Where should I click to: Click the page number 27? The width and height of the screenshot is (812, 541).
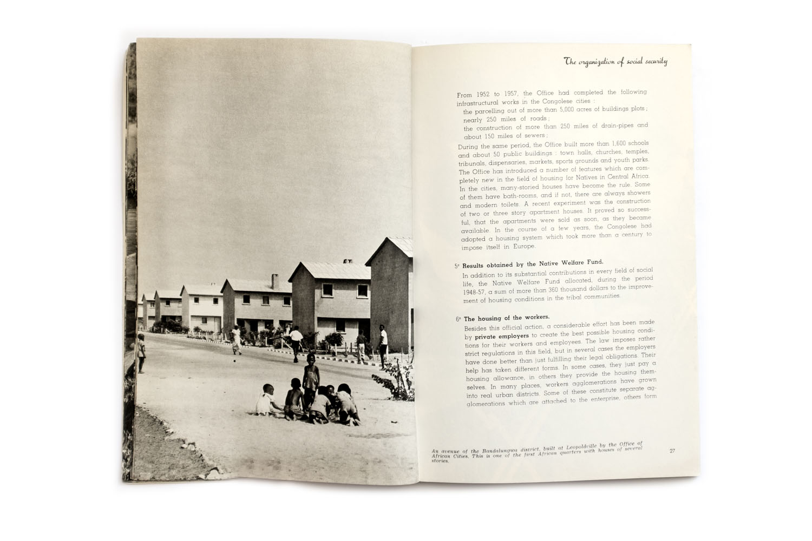click(672, 451)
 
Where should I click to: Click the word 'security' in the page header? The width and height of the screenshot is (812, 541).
click(652, 62)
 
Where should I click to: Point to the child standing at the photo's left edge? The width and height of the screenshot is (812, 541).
click(141, 353)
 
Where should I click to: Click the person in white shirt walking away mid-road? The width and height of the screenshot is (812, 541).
click(294, 342)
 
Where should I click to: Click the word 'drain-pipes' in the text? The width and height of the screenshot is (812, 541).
click(605, 127)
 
